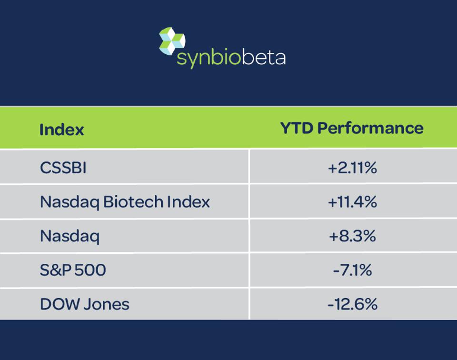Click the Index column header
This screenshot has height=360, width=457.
pyautogui.click(x=61, y=130)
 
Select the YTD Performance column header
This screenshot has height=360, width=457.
pyautogui.click(x=351, y=128)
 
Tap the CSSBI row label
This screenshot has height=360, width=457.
pyautogui.click(x=63, y=168)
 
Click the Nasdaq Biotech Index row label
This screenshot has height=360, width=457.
pyautogui.click(x=125, y=202)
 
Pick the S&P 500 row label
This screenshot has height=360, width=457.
pyautogui.click(x=73, y=270)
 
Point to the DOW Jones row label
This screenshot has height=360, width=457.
pyautogui.click(x=84, y=304)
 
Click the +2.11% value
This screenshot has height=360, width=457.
pyautogui.click(x=352, y=168)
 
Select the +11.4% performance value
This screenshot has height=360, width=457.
pyautogui.click(x=352, y=202)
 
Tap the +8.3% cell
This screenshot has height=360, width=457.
pyautogui.click(x=352, y=236)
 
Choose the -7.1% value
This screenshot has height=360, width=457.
pyautogui.click(x=352, y=270)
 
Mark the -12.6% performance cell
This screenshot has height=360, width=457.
pyautogui.click(x=352, y=304)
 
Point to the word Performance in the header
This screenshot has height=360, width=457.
pyautogui.click(x=370, y=128)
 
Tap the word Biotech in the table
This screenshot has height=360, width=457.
pyautogui.click(x=134, y=202)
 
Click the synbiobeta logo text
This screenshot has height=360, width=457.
pyautogui.click(x=231, y=58)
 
